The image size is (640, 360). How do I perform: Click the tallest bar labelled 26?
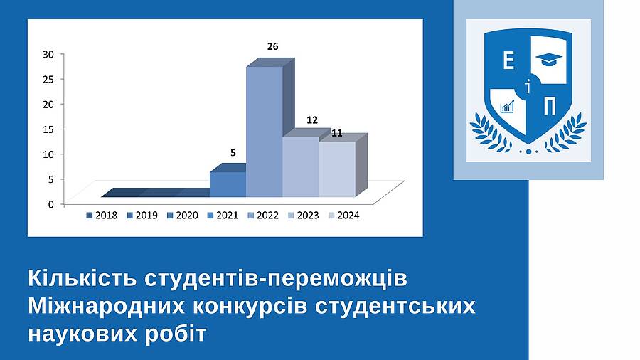tap(265, 132)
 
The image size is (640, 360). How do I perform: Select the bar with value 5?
tap(228, 184)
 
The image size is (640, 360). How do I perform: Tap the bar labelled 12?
tap(301, 166)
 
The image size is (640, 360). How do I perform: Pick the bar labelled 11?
tap(337, 169)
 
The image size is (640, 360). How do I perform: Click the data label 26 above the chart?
tap(272, 46)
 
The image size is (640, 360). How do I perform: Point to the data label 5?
tap(233, 153)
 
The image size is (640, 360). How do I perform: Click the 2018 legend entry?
tap(102, 215)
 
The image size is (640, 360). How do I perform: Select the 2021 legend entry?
tap(223, 215)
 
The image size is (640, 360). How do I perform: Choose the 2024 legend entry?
tap(343, 215)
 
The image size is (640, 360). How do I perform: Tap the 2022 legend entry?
tap(263, 215)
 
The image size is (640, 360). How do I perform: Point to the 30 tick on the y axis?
tap(48, 54)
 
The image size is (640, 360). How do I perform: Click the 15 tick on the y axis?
tap(48, 129)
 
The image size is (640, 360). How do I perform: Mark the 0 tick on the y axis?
tap(50, 204)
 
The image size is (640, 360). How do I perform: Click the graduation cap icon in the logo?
tap(548, 59)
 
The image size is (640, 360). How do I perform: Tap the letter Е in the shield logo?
tap(508, 61)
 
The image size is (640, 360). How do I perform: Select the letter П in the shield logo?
tap(550, 107)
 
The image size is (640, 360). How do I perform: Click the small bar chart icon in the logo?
tap(507, 106)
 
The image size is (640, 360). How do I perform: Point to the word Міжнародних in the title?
tap(107, 306)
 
